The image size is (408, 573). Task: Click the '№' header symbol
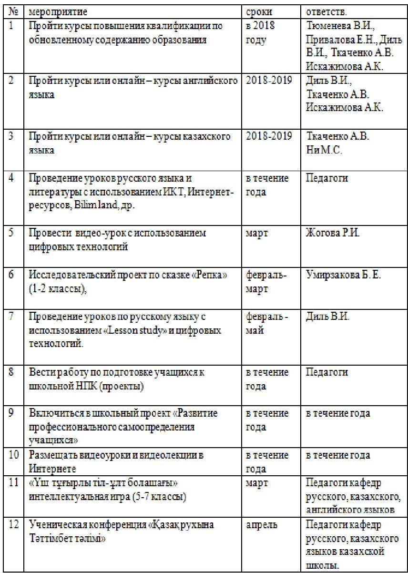[13, 11]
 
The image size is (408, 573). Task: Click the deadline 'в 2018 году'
[261, 33]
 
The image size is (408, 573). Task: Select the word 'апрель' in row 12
[261, 525]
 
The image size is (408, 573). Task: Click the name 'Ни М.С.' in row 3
[323, 150]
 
